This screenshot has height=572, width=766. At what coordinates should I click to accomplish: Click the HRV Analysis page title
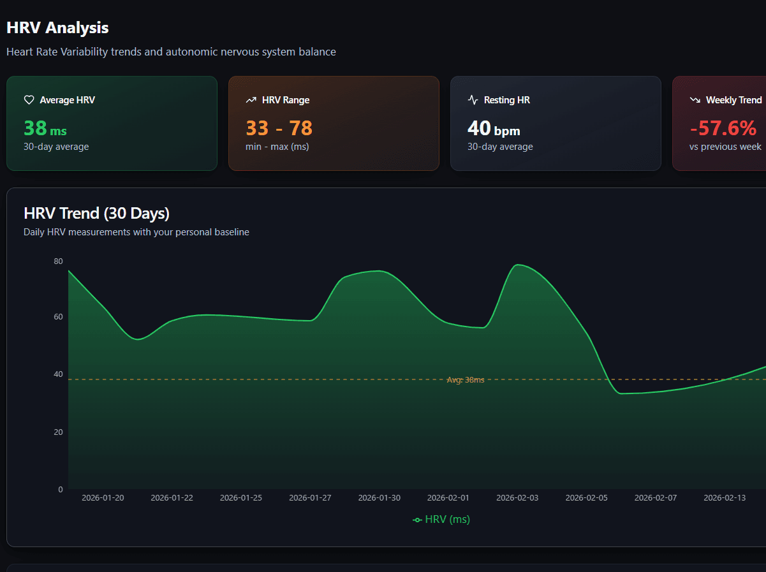[57, 28]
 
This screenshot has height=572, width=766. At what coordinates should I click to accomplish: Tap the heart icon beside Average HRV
[29, 100]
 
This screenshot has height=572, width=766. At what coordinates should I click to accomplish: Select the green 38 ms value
[45, 129]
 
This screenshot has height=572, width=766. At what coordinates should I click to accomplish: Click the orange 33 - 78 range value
[279, 129]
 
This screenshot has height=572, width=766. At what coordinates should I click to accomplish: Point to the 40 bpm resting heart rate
[494, 129]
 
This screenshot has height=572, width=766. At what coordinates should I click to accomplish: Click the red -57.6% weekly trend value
[723, 129]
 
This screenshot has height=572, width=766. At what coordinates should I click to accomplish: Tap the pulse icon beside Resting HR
[473, 100]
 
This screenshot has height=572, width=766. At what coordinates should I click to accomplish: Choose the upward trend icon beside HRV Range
[251, 100]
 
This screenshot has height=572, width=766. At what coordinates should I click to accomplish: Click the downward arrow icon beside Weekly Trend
[695, 100]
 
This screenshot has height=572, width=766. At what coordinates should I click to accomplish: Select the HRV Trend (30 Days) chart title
[96, 213]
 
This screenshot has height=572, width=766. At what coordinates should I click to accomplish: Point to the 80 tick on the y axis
[59, 261]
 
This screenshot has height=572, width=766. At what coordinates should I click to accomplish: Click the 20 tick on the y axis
[59, 432]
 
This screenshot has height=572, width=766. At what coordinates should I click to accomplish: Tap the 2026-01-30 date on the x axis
[379, 498]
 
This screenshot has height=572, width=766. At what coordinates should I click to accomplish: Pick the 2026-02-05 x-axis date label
[587, 498]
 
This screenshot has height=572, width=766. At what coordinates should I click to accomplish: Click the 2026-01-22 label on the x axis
[172, 498]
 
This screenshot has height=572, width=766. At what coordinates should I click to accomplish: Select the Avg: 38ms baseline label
[465, 380]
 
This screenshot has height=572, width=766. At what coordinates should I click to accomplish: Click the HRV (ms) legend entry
[441, 520]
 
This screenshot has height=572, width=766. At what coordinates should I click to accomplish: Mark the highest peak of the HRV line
[518, 265]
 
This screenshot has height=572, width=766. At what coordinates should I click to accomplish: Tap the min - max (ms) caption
[277, 147]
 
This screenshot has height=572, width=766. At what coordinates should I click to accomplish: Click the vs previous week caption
[725, 147]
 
